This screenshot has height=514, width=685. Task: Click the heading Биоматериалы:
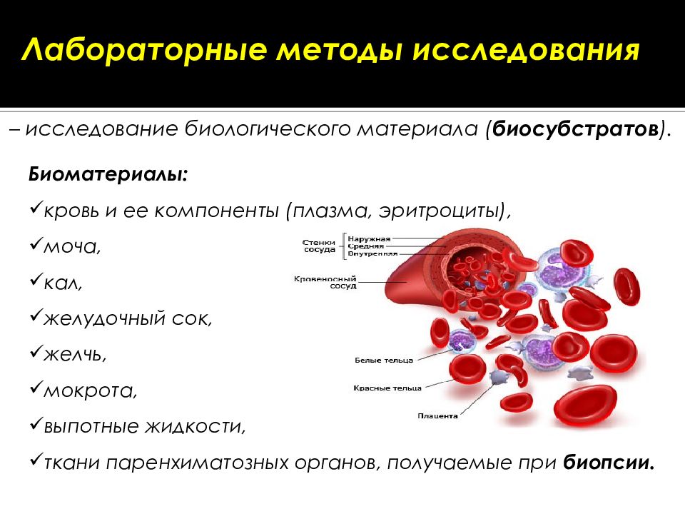[109, 175]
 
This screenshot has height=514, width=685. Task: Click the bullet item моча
[71, 246]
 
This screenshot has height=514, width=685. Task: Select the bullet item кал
[63, 283]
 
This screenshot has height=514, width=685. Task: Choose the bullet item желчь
[75, 354]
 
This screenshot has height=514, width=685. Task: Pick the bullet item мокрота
[88, 390]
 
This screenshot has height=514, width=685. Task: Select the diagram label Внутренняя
[373, 253]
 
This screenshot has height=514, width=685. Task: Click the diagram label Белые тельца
[384, 361]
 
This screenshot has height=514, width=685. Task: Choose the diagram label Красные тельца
[387, 388]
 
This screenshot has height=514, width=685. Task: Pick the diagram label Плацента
[437, 415]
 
